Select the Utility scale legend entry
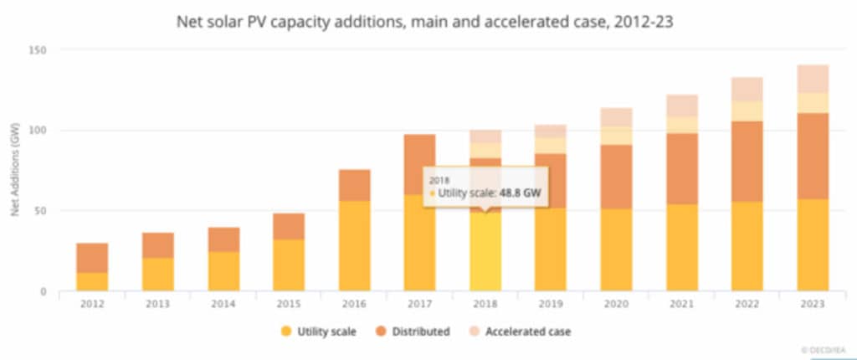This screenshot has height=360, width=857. click(x=319, y=332)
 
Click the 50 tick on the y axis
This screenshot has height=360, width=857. click(x=38, y=211)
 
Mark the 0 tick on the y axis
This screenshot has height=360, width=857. click(x=42, y=291)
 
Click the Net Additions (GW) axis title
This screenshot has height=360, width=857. click(x=14, y=171)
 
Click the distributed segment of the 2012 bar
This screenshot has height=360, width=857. click(x=92, y=258)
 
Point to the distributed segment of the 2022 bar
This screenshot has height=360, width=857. click(x=747, y=162)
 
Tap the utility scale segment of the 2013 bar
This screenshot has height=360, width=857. click(x=157, y=275)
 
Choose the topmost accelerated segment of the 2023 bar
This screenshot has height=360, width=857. click(x=812, y=79)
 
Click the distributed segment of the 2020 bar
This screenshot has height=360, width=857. click(x=616, y=177)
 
